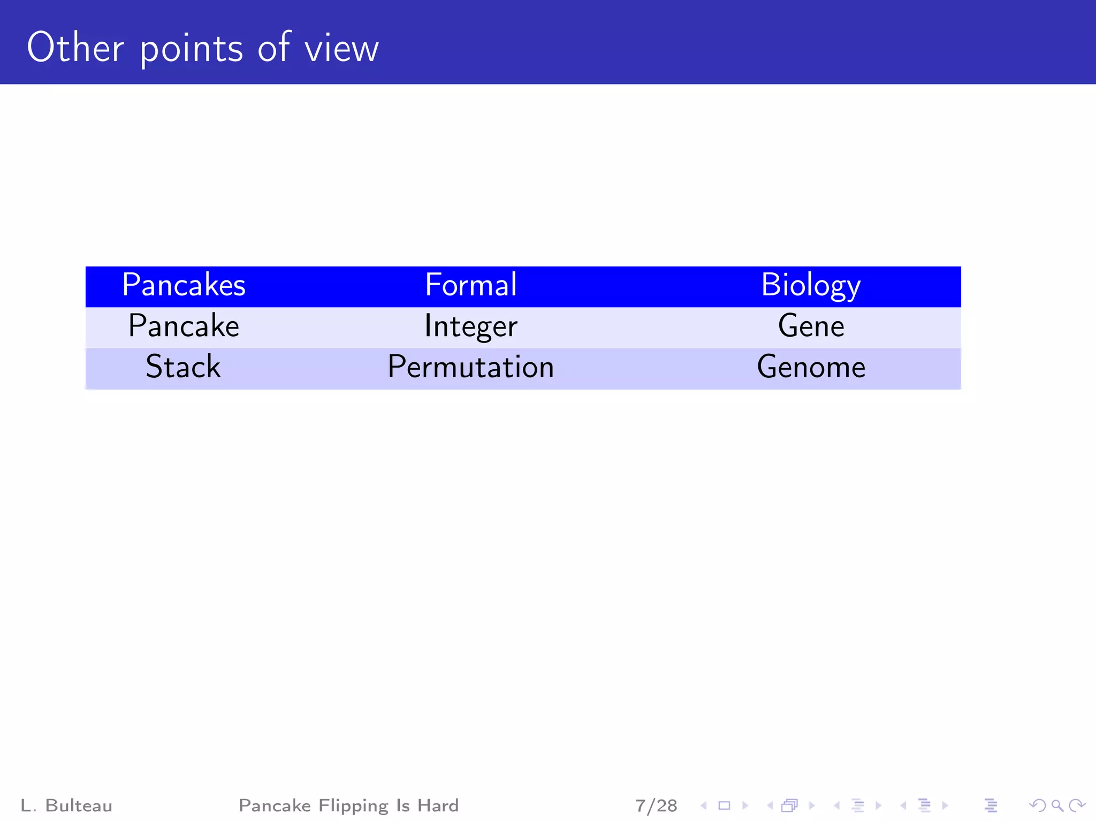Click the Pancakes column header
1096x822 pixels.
point(184,285)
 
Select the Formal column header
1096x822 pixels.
point(470,285)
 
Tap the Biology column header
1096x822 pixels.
point(810,285)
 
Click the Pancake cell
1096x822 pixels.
point(184,326)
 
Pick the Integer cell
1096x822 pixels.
point(470,326)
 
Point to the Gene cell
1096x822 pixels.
point(811,326)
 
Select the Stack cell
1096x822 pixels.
point(183,367)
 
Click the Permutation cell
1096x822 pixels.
point(470,367)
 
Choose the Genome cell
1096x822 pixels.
point(811,367)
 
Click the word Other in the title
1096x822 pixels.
point(75,48)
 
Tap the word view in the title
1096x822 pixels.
point(341,49)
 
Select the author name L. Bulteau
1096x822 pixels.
point(66,805)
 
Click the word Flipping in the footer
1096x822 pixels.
point(353,805)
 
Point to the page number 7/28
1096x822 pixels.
point(656,805)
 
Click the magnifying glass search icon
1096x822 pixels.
point(1057,805)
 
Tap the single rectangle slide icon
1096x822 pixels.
point(724,805)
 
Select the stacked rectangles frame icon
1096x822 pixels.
point(789,805)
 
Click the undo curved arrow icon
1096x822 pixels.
point(1037,805)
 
